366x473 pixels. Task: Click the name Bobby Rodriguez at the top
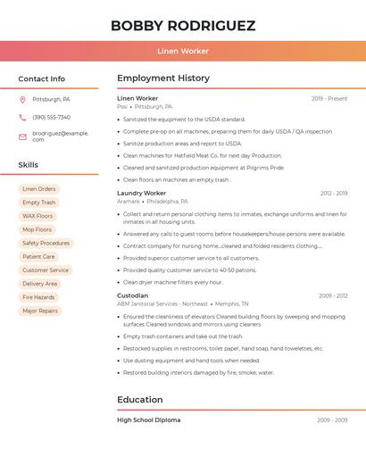point(183,26)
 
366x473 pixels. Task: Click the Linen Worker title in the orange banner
point(183,51)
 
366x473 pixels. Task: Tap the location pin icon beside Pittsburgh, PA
point(22,99)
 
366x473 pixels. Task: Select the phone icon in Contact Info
point(22,117)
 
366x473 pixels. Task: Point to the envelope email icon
point(22,137)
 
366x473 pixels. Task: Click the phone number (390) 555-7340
point(51,117)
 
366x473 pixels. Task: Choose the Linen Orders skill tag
point(39,189)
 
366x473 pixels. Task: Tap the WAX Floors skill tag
point(37,216)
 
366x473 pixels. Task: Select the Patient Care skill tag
point(38,256)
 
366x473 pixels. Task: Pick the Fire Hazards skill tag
point(38,297)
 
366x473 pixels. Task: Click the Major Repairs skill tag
point(40,311)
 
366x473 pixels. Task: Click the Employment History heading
point(163,79)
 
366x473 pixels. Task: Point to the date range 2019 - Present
point(329,98)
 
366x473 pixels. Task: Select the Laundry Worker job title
point(141,193)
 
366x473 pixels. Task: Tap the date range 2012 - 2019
point(334,193)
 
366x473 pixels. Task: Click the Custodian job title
point(132,295)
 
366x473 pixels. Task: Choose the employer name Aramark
point(129,202)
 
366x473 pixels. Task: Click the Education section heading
point(140,400)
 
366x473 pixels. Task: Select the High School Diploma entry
point(148,419)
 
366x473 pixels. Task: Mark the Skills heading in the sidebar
point(29,165)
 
